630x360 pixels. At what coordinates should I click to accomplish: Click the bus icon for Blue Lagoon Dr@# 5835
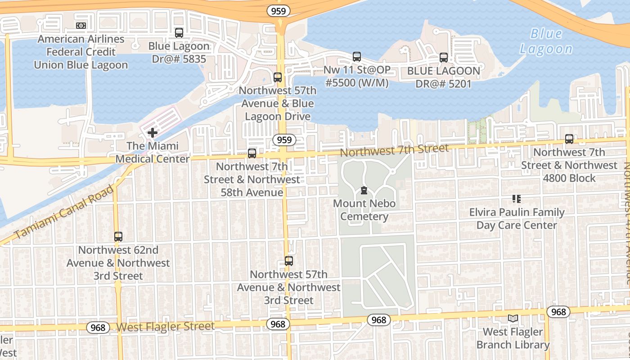[x=179, y=33]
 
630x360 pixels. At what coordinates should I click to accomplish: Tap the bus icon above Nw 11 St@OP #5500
[x=357, y=57]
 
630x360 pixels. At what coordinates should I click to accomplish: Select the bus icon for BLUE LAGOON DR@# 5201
[x=444, y=58]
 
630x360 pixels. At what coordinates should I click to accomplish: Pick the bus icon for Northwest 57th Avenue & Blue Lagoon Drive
[x=278, y=77]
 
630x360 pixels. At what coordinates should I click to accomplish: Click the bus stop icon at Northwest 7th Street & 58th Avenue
[x=252, y=153]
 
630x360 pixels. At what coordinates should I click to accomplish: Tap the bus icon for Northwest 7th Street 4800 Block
[x=569, y=139]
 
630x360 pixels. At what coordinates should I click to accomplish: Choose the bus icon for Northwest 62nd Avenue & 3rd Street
[x=118, y=237]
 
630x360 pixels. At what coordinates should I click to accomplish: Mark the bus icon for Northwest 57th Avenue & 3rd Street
[x=289, y=261]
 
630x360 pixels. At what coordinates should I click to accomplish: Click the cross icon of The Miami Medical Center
[x=153, y=133]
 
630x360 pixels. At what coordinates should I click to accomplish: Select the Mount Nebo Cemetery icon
[x=364, y=191]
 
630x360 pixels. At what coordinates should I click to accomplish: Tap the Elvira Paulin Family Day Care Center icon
[x=517, y=199]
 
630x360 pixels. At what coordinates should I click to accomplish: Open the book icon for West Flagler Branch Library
[x=513, y=319]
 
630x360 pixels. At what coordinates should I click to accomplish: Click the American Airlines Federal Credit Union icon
[x=81, y=26]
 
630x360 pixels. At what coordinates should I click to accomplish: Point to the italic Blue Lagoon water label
[x=546, y=41]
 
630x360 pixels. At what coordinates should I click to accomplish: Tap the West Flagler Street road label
[x=166, y=326]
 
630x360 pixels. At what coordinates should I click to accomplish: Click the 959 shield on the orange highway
[x=279, y=11]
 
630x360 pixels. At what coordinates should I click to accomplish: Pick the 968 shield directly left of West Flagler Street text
[x=98, y=327]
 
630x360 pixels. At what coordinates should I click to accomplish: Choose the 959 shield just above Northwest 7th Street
[x=284, y=140]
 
